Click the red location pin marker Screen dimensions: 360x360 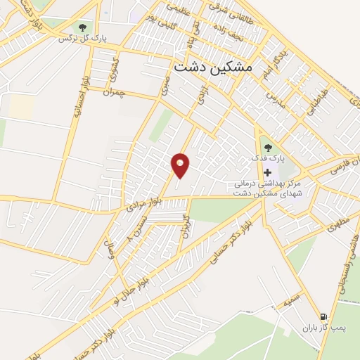[x=181, y=165]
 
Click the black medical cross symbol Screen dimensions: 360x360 [x=267, y=172]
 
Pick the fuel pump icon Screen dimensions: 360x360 [x=323, y=316]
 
